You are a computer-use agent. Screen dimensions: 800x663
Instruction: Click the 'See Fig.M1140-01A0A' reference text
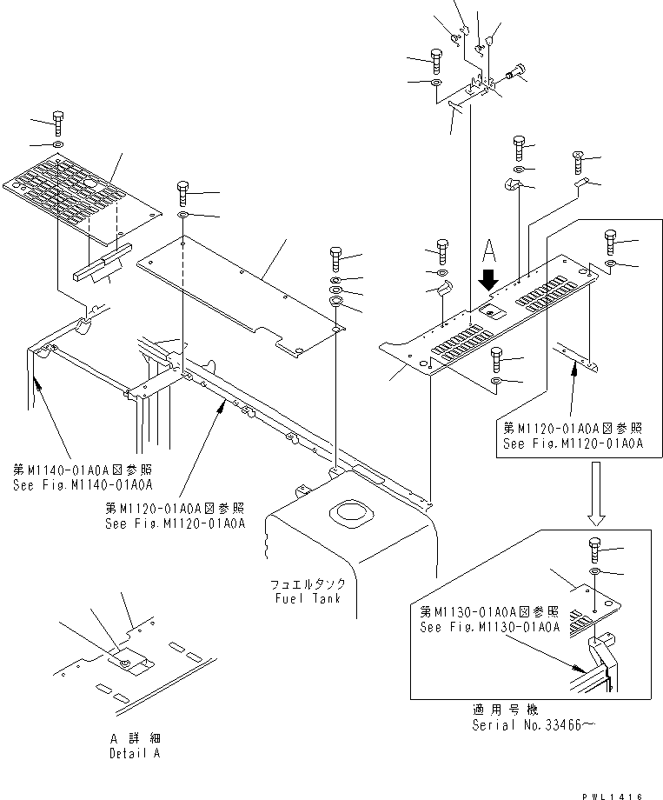(83, 484)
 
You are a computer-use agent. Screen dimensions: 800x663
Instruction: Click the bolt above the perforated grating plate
(57, 121)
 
